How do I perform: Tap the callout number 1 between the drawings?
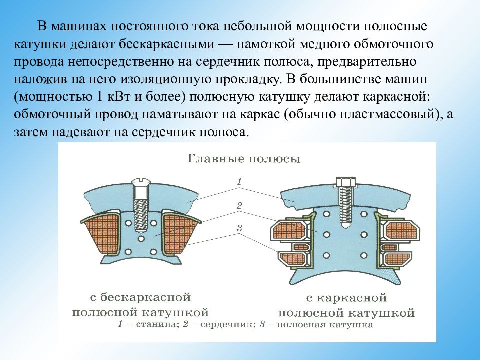(x=239, y=182)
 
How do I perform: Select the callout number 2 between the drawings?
(x=239, y=205)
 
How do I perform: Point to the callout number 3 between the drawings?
(x=239, y=228)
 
